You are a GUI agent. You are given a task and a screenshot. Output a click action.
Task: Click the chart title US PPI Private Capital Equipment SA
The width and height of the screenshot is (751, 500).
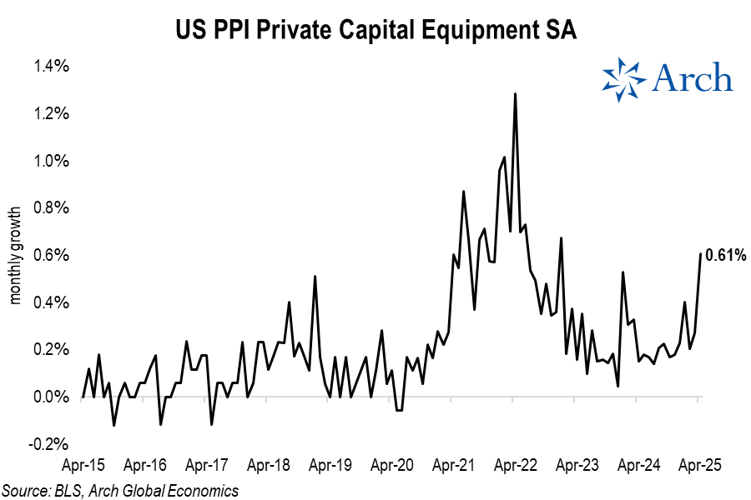point(375,31)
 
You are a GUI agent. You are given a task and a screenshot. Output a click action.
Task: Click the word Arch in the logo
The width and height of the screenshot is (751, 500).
point(692,78)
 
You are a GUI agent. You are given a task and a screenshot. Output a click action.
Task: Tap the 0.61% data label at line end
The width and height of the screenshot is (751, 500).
point(724,256)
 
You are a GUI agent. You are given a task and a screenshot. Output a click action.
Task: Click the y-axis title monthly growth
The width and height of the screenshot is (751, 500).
point(15,255)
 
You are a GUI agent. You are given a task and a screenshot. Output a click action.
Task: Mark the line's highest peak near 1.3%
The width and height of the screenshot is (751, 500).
point(515,94)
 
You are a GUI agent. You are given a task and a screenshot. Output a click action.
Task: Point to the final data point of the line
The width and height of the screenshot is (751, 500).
point(700,253)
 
